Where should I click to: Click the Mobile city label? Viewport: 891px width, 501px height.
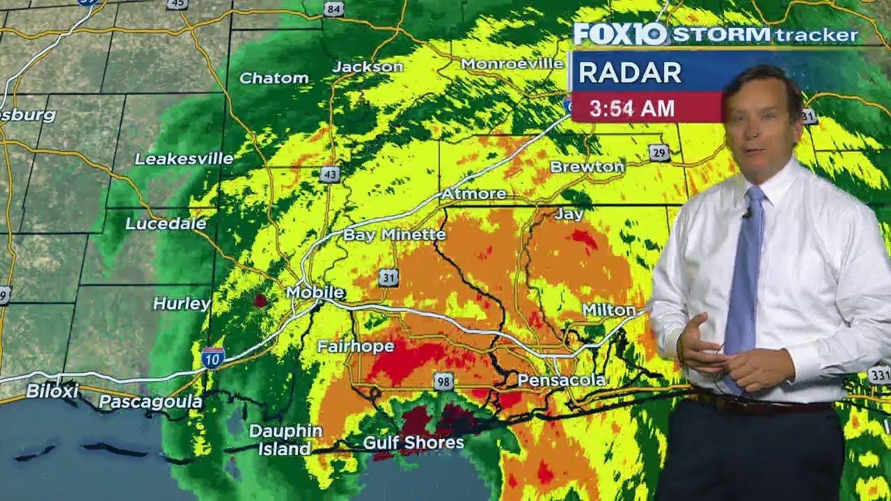[315, 292]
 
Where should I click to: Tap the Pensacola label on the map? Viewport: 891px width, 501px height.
[561, 381]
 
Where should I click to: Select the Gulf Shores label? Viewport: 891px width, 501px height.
[413, 443]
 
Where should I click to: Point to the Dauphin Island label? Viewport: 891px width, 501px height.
[285, 440]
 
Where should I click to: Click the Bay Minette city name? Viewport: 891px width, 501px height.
[394, 234]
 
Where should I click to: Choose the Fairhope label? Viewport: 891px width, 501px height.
[356, 346]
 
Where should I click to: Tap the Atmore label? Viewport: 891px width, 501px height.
[473, 193]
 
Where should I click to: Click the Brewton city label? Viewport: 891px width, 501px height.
[587, 166]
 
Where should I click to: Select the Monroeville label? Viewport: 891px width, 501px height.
[512, 63]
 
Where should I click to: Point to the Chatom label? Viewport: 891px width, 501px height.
[274, 78]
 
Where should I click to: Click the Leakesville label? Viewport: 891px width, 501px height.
[184, 159]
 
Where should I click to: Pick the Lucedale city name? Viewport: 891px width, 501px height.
[166, 223]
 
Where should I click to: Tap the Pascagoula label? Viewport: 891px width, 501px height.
[150, 401]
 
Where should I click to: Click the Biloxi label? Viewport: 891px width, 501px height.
[52, 391]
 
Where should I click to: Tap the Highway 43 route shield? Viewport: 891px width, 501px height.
[330, 174]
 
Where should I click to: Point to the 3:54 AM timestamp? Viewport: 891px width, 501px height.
[632, 108]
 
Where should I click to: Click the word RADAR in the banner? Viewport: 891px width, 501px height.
[629, 72]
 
